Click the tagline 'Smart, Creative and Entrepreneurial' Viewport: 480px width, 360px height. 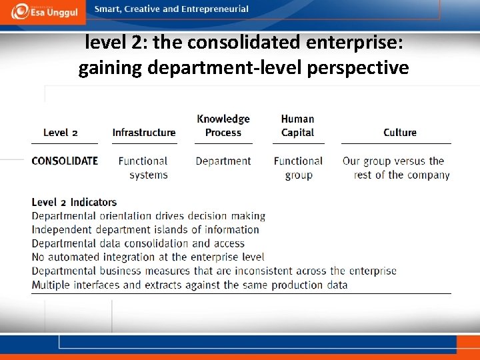coord(171,9)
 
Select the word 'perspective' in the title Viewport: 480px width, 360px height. coord(360,67)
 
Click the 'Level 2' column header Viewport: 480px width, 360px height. coord(60,133)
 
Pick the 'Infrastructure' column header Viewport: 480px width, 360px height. coord(144,133)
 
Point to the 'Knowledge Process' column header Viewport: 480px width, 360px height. coord(223,125)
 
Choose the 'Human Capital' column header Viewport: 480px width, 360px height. coord(298,125)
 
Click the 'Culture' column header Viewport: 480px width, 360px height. coord(400,133)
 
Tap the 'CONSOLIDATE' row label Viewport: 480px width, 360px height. coord(65,161)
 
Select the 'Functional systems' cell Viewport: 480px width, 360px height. coord(143,168)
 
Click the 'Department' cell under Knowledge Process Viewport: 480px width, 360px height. coord(223,161)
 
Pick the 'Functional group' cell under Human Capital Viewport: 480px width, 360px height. coord(298,168)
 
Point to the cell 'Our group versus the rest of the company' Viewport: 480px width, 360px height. coord(397,168)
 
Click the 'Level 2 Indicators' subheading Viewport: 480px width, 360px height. coord(74,202)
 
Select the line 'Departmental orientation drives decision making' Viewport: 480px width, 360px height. coord(149,216)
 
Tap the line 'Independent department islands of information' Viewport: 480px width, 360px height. coord(145,229)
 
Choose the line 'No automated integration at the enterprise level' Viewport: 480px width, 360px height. coord(148,257)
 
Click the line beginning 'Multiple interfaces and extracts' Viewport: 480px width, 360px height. coord(189,285)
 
